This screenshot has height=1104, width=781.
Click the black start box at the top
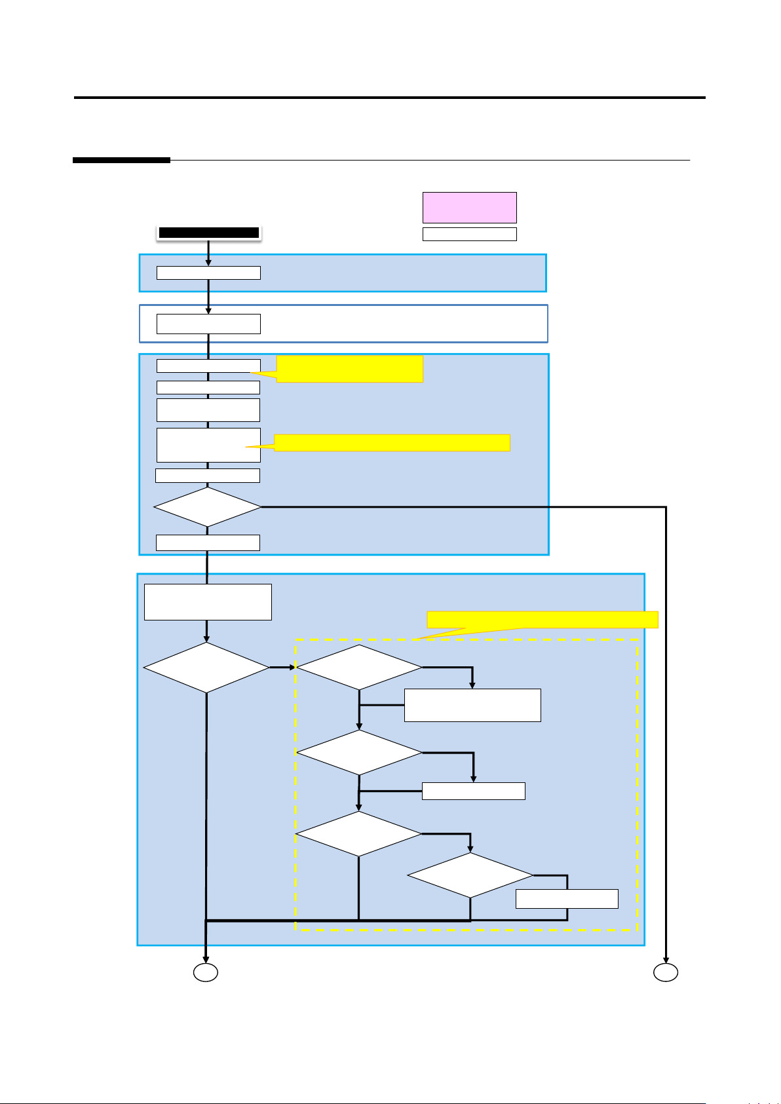coord(209,232)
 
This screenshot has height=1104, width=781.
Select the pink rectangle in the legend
coord(469,207)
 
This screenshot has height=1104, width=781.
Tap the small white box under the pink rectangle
coord(469,234)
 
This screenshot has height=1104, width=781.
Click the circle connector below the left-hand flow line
coord(205,973)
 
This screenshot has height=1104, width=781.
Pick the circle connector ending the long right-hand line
coord(666,973)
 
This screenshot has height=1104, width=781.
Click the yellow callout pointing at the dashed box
coord(542,619)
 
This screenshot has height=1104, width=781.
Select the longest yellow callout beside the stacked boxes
coord(391,442)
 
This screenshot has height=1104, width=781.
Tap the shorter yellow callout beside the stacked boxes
coord(349,368)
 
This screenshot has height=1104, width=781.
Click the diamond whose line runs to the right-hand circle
coord(207,506)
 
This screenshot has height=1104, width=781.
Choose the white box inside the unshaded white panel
coord(208,324)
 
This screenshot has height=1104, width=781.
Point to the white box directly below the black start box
coord(208,273)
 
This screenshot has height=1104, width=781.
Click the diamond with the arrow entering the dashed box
coord(206,668)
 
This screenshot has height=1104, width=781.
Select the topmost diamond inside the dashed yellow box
coord(359,668)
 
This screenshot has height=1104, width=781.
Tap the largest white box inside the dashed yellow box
coord(472,705)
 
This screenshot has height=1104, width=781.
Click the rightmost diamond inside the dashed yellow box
coord(470,875)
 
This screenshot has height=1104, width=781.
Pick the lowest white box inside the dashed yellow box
coord(567,899)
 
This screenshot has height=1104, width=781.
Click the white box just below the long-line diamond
coord(208,542)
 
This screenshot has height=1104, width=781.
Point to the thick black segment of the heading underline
coord(121,160)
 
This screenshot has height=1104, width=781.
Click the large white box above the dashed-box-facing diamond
coord(208,601)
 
